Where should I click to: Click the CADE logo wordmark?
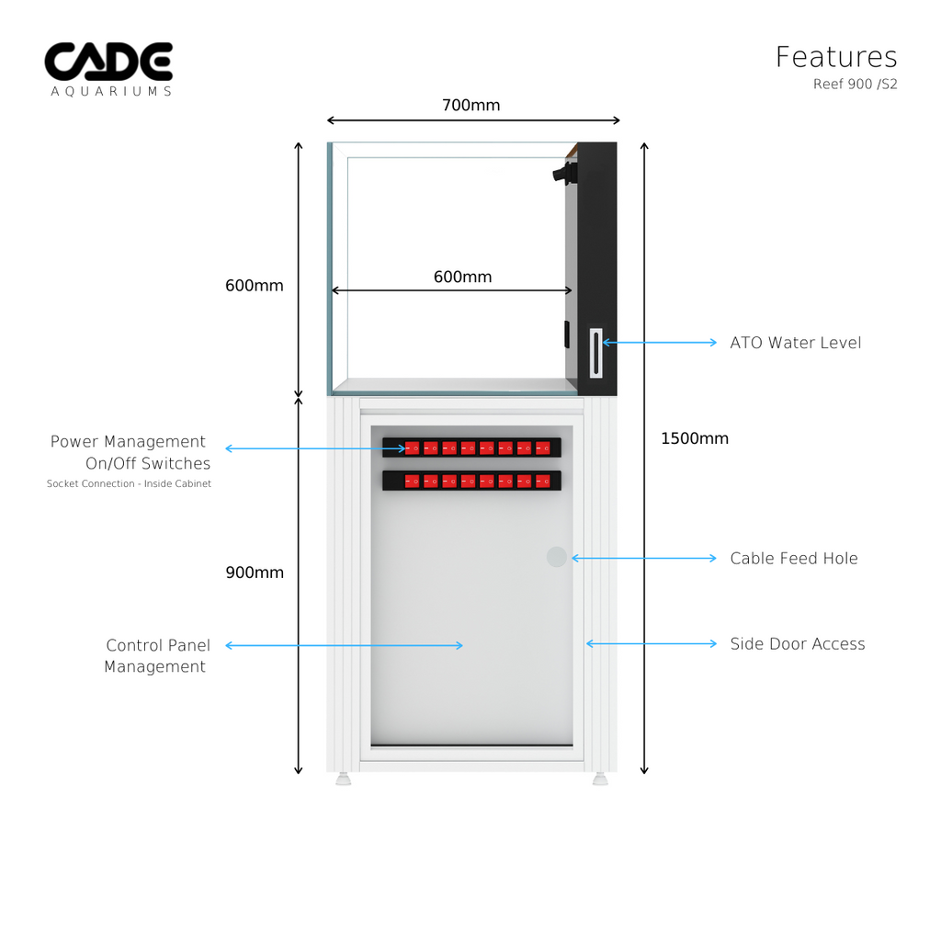[x=108, y=62]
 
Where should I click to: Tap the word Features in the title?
[x=836, y=57]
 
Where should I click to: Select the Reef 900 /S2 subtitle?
[x=855, y=85]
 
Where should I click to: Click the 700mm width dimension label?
[x=470, y=106]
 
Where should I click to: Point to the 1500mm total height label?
[x=695, y=438]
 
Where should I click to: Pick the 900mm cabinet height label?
[x=255, y=573]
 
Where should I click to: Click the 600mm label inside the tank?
[x=462, y=277]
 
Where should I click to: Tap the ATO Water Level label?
[x=796, y=343]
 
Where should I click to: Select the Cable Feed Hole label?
[x=794, y=558]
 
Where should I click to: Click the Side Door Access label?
[x=798, y=644]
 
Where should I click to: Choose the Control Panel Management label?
[x=156, y=656]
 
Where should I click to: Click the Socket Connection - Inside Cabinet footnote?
[x=129, y=484]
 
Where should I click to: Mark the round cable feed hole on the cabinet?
[x=557, y=557]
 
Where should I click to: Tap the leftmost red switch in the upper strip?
[x=413, y=448]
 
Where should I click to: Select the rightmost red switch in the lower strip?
[x=543, y=481]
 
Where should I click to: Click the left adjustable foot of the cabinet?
[x=344, y=778]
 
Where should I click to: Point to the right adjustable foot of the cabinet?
[x=600, y=778]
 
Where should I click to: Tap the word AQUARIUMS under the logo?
[x=111, y=92]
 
